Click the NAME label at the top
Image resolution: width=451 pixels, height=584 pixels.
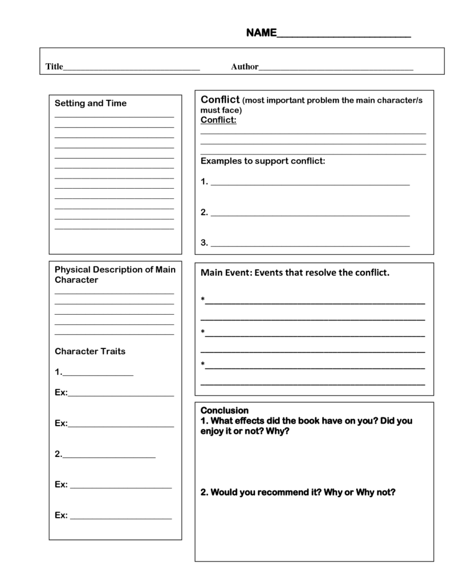(x=261, y=33)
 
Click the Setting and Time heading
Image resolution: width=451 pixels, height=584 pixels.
(x=90, y=103)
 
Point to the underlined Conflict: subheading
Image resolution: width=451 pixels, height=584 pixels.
(x=218, y=120)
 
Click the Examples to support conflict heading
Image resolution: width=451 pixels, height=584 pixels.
(x=263, y=161)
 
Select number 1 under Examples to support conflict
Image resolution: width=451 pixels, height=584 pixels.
(x=204, y=182)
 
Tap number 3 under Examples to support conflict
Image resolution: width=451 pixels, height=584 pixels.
(x=204, y=243)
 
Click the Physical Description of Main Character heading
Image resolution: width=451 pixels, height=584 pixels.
(x=115, y=274)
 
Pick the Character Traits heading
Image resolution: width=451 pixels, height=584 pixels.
(x=90, y=351)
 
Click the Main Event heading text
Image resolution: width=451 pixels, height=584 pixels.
(x=295, y=273)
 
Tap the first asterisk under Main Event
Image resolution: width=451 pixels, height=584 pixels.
(x=202, y=299)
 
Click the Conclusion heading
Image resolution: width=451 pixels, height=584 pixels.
(x=224, y=410)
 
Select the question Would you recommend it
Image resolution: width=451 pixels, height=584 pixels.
(x=298, y=492)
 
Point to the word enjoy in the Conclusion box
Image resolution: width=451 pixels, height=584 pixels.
(x=212, y=431)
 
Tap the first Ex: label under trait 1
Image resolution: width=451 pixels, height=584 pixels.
(x=61, y=392)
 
